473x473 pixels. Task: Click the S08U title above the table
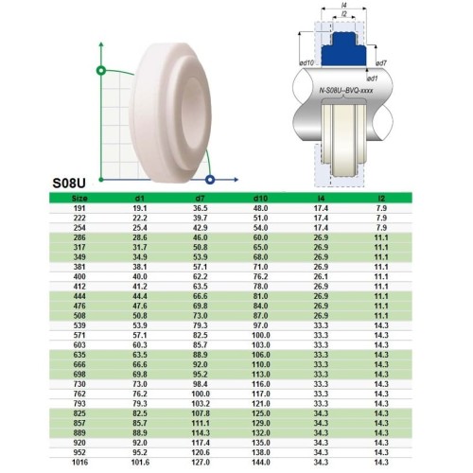[x=72, y=185]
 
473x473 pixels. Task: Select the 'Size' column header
[x=79, y=198]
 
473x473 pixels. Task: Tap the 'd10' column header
[x=260, y=198]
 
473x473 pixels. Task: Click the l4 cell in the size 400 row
[x=320, y=275]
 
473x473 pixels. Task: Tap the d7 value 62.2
[x=200, y=275]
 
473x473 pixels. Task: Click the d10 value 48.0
[x=260, y=207]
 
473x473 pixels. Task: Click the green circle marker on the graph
[x=100, y=70]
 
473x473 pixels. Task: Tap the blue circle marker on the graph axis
[x=210, y=178]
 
